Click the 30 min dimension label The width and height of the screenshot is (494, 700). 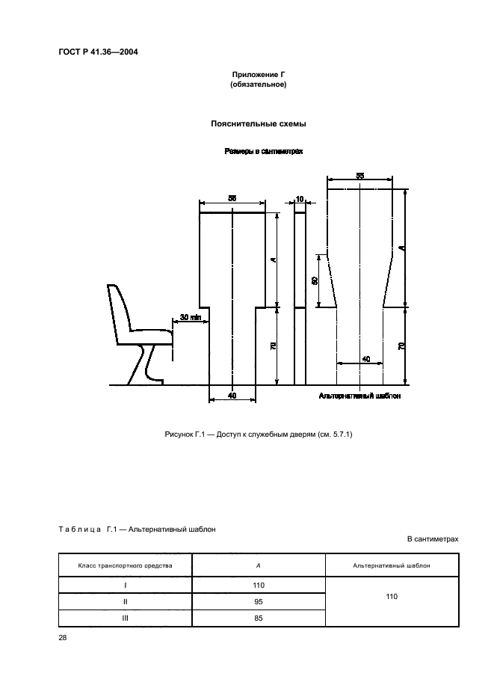click(x=191, y=317)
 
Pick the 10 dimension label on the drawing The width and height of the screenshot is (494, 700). click(x=300, y=199)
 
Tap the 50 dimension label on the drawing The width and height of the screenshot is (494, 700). click(x=315, y=280)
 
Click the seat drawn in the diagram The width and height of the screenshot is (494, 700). click(x=138, y=329)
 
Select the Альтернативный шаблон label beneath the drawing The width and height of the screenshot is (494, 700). click(x=359, y=396)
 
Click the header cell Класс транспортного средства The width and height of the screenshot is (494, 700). click(x=126, y=565)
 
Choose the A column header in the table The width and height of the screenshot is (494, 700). click(x=259, y=565)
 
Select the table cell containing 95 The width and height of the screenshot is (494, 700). click(x=259, y=602)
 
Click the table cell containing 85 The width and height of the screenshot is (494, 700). click(x=259, y=618)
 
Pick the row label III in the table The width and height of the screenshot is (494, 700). click(x=126, y=618)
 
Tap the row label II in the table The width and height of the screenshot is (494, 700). click(x=126, y=602)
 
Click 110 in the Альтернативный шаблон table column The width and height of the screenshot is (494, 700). click(x=392, y=597)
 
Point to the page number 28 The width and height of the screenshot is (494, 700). click(x=63, y=637)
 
